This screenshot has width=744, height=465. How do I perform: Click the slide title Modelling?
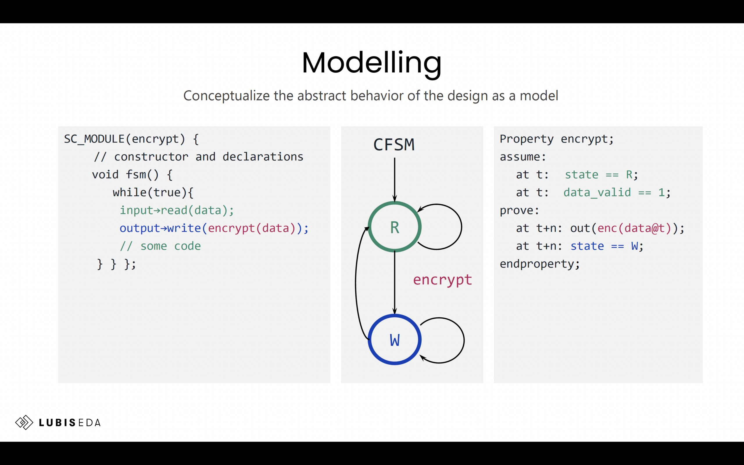[371, 63]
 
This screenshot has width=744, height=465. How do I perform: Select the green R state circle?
[394, 227]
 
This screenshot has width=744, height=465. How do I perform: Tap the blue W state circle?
[394, 339]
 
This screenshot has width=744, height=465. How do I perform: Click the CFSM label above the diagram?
[394, 144]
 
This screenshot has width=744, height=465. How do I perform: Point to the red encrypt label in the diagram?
[442, 280]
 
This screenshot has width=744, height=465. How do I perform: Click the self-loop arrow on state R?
[461, 227]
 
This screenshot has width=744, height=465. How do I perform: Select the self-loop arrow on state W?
[464, 340]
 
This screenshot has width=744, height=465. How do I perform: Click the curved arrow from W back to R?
[356, 283]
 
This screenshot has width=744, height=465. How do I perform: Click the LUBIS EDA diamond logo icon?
[24, 422]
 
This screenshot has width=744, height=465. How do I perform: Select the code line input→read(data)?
[177, 210]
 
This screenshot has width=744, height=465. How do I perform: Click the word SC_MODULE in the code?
[94, 139]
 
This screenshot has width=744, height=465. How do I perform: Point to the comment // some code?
[160, 246]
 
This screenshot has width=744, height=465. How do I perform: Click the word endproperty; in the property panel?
[540, 264]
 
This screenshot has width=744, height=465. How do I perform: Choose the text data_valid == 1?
[617, 192]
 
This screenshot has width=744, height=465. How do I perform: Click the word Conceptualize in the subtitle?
[226, 96]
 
